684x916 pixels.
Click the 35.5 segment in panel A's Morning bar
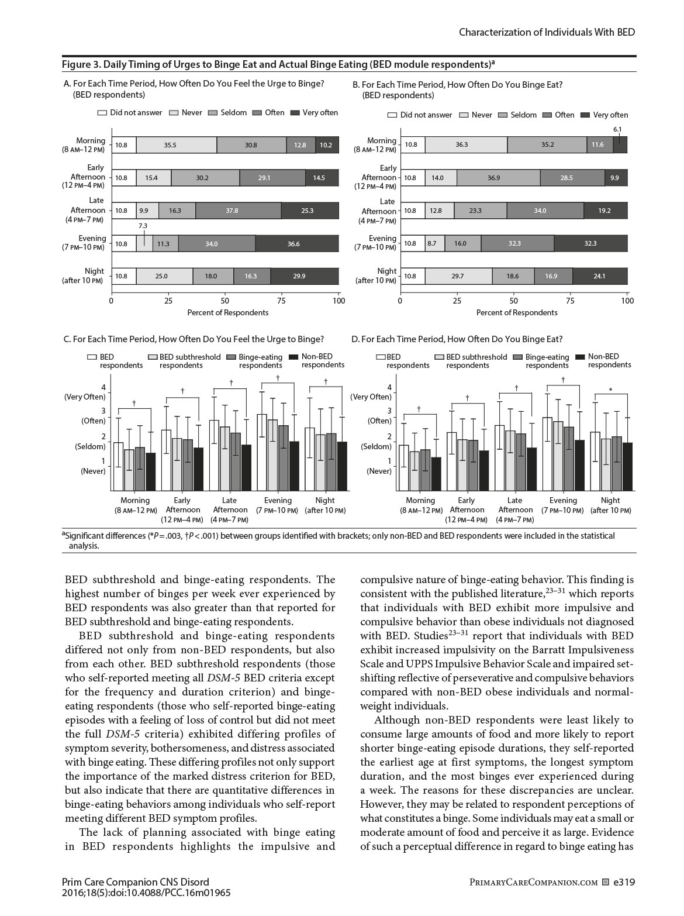[x=170, y=145]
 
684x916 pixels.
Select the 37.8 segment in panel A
[x=232, y=211]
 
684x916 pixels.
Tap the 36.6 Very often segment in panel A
[x=293, y=244]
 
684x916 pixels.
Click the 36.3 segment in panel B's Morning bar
[x=462, y=144]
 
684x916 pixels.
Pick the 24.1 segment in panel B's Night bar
[x=599, y=276]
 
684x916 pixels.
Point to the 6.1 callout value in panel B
[x=617, y=129]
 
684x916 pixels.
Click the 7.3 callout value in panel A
[x=143, y=226]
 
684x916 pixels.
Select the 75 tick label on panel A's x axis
[x=281, y=301]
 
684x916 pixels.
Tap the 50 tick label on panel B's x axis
[x=513, y=301]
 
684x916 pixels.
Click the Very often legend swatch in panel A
[x=295, y=113]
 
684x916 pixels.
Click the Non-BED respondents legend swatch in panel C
[x=293, y=357]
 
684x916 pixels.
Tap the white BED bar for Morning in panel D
[x=403, y=468]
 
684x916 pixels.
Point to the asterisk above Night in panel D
[x=610, y=390]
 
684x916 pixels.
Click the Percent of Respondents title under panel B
[x=517, y=312]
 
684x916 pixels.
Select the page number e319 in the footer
[x=624, y=882]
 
